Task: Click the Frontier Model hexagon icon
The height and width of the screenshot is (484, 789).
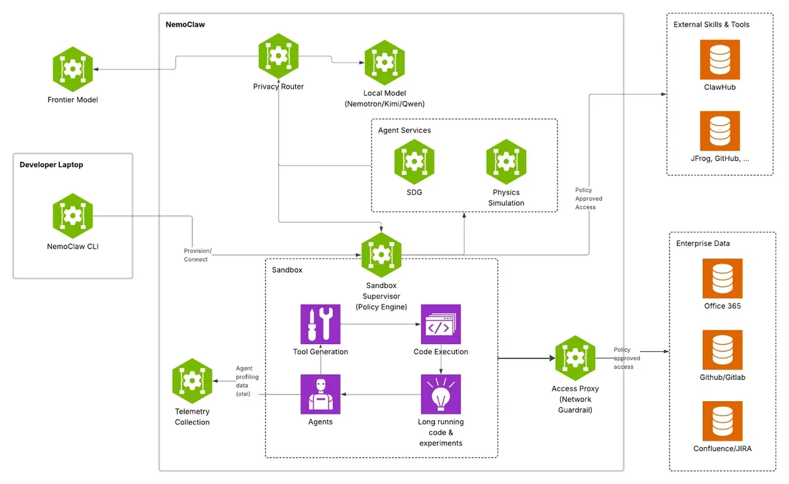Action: pyautogui.click(x=72, y=69)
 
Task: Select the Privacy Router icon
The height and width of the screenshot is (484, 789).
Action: pyautogui.click(x=278, y=56)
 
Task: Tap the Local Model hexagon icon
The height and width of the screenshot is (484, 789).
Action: pyautogui.click(x=385, y=62)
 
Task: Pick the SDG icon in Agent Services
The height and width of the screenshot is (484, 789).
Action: pyautogui.click(x=414, y=162)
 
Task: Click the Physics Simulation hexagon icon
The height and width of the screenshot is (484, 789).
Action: pyautogui.click(x=506, y=162)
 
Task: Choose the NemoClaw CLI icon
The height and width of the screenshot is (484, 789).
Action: pyautogui.click(x=72, y=216)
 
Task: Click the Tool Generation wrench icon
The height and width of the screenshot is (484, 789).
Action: pyautogui.click(x=320, y=324)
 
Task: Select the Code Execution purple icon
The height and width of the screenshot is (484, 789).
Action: pyautogui.click(x=441, y=324)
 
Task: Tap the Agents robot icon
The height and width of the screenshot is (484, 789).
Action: pyautogui.click(x=320, y=395)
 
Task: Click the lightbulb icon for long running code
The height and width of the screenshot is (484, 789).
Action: pyautogui.click(x=441, y=395)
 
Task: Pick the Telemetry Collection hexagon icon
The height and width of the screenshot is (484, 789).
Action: pyautogui.click(x=192, y=381)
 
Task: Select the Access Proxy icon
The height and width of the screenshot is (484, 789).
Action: pyautogui.click(x=575, y=358)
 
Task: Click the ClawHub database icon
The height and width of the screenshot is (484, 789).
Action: pyautogui.click(x=720, y=60)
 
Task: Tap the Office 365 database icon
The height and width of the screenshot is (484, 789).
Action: pyautogui.click(x=723, y=278)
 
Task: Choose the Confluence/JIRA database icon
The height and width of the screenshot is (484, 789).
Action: pyautogui.click(x=723, y=422)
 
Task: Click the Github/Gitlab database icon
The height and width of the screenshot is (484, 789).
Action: pyautogui.click(x=723, y=351)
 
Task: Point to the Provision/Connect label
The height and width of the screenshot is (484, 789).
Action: pyautogui.click(x=197, y=255)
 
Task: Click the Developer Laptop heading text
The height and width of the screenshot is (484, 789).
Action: pyautogui.click(x=51, y=165)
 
